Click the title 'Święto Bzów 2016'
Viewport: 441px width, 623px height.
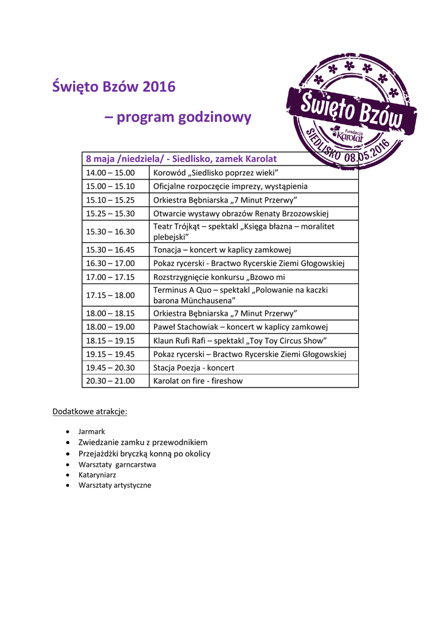pos(114,87)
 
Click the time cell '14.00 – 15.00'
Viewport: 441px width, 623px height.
pos(110,173)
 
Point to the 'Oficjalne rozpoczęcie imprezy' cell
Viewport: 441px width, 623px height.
pos(231,186)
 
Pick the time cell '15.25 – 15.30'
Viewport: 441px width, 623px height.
pos(110,214)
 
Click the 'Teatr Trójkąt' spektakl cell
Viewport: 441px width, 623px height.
pos(244,231)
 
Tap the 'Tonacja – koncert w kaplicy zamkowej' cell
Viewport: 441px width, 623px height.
pos(223,249)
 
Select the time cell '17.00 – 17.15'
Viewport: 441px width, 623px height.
pos(110,277)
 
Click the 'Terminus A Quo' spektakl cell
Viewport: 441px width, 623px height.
pos(240,295)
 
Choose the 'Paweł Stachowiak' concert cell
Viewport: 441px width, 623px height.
pos(241,327)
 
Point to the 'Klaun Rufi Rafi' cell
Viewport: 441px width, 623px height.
pos(240,341)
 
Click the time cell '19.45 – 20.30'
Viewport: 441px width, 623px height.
pos(110,367)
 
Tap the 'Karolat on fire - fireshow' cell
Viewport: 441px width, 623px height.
pos(198,381)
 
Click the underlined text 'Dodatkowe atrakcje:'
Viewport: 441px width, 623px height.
pos(90,412)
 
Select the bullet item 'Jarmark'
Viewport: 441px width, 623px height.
pos(92,431)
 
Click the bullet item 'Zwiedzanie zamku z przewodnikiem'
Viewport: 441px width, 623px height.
pos(143,442)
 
